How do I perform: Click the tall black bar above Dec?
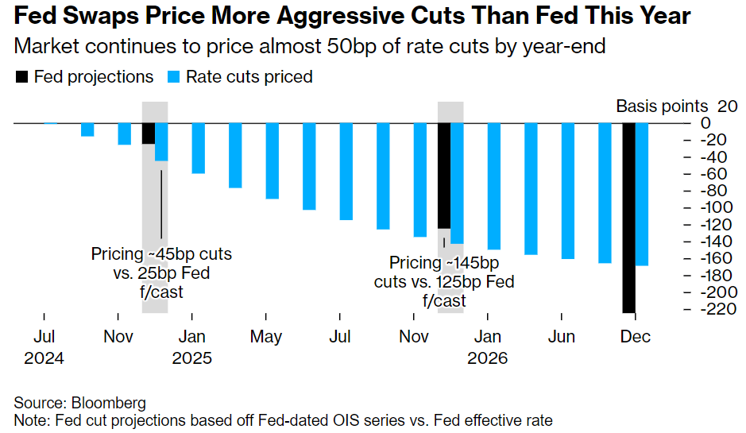[x=628, y=218]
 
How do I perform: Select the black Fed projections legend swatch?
[x=21, y=77]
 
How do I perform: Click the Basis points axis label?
[x=662, y=106]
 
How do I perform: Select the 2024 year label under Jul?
[x=44, y=358]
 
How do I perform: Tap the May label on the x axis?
[x=265, y=337]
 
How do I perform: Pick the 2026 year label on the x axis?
[x=488, y=358]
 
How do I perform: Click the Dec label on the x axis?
[x=636, y=337]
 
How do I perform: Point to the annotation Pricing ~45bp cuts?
[x=161, y=255]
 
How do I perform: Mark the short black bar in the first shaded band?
[x=148, y=133]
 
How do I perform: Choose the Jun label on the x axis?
[x=562, y=337]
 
